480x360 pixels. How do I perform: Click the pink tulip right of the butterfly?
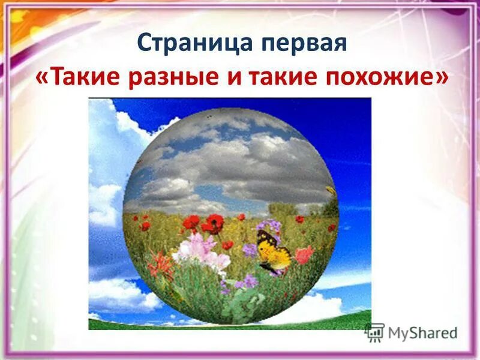tap(304, 255)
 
